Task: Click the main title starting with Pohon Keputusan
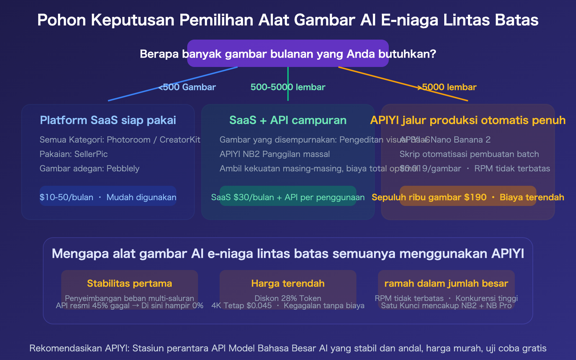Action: (x=288, y=20)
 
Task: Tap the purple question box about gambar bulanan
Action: (x=288, y=54)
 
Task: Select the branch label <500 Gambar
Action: (x=187, y=87)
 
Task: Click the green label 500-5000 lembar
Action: (x=288, y=87)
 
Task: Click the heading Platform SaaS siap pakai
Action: (x=108, y=120)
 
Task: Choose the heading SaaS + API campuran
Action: (x=288, y=120)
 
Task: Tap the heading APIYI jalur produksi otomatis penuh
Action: (x=468, y=120)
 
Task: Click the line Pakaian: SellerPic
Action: (x=74, y=154)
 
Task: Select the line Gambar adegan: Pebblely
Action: (x=89, y=168)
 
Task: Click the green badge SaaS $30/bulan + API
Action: (x=288, y=197)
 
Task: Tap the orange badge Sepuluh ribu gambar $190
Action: (x=468, y=197)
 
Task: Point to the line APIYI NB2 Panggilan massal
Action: (x=275, y=154)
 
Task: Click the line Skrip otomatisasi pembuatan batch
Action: (x=469, y=154)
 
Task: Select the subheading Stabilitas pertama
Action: (x=130, y=284)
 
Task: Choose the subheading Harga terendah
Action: (x=288, y=284)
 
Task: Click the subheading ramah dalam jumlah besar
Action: (x=446, y=284)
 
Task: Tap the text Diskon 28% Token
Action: (x=288, y=298)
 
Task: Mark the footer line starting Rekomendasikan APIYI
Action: (x=288, y=348)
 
